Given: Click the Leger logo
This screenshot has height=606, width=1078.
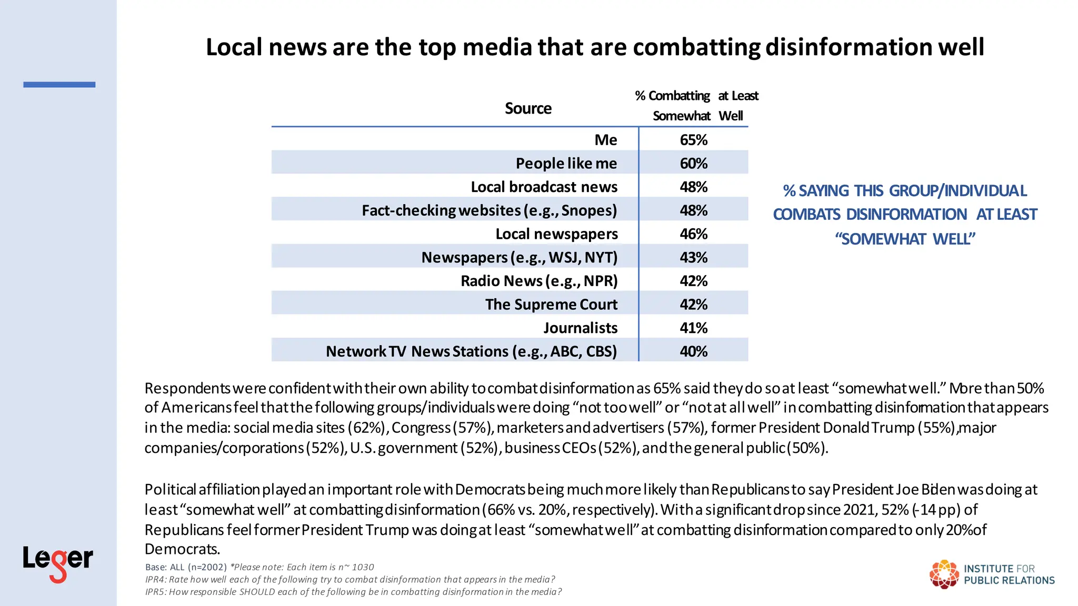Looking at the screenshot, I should point(58,563).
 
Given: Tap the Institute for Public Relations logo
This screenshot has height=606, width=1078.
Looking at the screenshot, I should point(992,574).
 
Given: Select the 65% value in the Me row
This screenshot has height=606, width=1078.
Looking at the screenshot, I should point(693,140).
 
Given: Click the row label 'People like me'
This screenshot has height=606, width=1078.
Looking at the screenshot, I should point(566,164).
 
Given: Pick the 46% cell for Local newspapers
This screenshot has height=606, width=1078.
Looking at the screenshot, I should point(693,234).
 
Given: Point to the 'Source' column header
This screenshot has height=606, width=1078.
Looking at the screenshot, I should point(528,108).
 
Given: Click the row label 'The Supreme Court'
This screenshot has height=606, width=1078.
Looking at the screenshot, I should point(551,305).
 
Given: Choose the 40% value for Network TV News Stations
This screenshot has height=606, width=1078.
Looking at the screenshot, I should point(693,351).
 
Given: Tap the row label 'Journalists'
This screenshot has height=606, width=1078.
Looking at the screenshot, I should point(580,328).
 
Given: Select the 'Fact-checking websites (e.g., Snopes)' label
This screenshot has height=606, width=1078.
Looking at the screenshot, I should point(489,210).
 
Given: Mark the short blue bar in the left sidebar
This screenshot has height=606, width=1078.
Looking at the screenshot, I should point(59,85).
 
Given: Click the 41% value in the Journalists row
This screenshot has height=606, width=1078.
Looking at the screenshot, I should point(693,328).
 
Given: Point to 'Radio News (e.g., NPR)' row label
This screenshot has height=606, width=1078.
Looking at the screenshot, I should point(539,281).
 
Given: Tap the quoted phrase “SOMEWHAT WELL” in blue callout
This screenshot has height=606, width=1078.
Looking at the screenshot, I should point(905,239).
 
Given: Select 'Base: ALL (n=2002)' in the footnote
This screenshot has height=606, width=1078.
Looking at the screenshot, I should point(186,567).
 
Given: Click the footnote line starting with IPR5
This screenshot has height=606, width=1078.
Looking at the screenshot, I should point(353,592).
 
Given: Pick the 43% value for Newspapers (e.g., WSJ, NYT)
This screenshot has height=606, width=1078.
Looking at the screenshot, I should point(693,258).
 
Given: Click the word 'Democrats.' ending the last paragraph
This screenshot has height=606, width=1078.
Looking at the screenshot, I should point(182,549).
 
